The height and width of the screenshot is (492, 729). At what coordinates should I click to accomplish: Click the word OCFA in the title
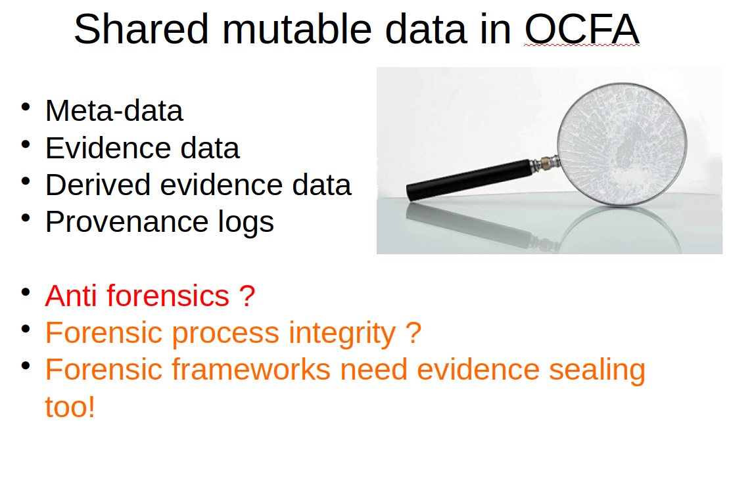point(582,29)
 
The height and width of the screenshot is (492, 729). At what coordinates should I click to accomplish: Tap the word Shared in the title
point(141,29)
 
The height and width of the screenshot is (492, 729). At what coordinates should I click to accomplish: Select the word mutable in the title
point(297,29)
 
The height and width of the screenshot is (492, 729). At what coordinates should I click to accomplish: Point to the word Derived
point(98,185)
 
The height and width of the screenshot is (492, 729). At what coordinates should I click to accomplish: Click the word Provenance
point(126,221)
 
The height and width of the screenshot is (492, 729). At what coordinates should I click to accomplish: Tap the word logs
point(247,223)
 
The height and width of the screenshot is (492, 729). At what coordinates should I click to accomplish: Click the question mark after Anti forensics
point(248,296)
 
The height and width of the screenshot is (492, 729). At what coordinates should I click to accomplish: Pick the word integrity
point(342,334)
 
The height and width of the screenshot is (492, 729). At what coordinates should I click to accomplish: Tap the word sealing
point(598,371)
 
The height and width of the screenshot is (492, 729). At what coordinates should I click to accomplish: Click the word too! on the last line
point(70,407)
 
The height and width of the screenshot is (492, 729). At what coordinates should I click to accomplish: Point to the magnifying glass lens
point(622,144)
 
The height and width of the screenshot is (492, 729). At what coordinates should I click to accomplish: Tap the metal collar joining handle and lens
point(545,164)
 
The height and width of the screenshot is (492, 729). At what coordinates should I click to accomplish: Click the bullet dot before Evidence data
point(26,144)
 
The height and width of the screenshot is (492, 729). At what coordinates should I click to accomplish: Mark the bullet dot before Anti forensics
point(26,292)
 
